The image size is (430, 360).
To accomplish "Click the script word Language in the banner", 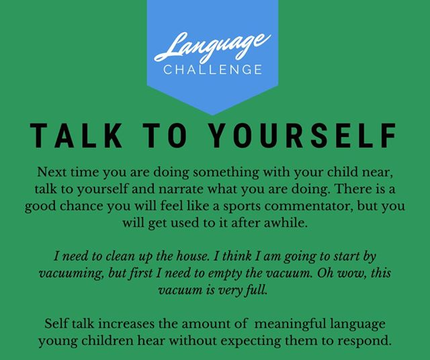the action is [x=213, y=47].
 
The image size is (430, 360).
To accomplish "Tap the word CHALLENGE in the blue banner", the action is [x=213, y=70].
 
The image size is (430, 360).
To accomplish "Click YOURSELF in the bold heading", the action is [x=304, y=136].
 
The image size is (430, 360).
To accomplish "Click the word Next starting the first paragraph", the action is [x=50, y=172].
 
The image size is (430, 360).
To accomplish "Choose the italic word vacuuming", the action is [x=71, y=273].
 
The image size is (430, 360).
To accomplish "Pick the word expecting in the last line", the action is [x=251, y=341].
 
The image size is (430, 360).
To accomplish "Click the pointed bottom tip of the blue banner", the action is [x=213, y=115].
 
